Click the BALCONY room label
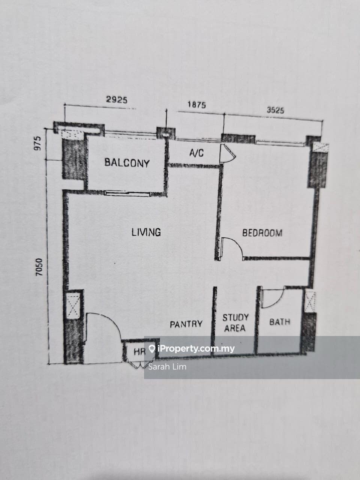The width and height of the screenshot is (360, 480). (127, 163)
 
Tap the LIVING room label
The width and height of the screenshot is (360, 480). (146, 232)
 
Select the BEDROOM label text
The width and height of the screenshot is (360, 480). (262, 233)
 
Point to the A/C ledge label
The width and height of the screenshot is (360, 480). (196, 153)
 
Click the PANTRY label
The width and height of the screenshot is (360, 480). (186, 324)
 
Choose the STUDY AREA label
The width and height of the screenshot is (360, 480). (235, 322)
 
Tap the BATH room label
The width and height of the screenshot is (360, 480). (280, 322)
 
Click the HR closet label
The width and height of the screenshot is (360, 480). (139, 352)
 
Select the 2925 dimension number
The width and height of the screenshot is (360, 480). (117, 100)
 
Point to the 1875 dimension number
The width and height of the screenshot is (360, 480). (196, 105)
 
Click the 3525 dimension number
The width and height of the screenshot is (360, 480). (275, 110)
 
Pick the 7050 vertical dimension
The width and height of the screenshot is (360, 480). (40, 267)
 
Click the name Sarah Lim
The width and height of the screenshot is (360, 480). (167, 366)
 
